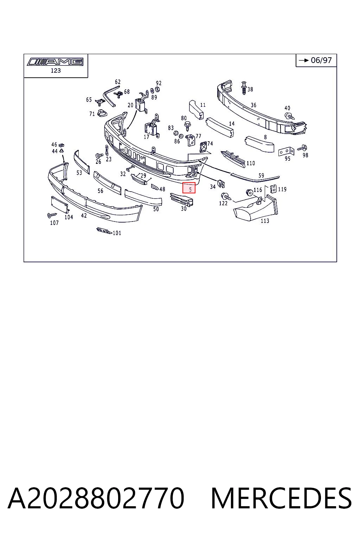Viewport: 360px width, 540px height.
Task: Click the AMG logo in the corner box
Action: pyautogui.click(x=55, y=62)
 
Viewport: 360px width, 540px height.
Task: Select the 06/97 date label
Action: pyautogui.click(x=321, y=60)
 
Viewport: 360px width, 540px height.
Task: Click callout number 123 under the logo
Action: pyautogui.click(x=56, y=71)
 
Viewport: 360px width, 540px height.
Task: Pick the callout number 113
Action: pyautogui.click(x=265, y=221)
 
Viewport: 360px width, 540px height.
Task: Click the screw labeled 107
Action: pyautogui.click(x=52, y=215)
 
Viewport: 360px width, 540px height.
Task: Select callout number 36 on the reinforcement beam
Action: pyautogui.click(x=253, y=105)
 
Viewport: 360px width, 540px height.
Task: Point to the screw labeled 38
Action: pyautogui.click(x=244, y=88)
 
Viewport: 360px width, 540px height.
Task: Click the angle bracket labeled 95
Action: pyautogui.click(x=286, y=152)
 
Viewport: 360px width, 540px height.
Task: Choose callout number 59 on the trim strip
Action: pyautogui.click(x=261, y=175)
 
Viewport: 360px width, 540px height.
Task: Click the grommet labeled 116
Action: pyautogui.click(x=249, y=192)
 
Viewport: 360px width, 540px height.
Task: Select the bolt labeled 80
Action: pyautogui.click(x=187, y=126)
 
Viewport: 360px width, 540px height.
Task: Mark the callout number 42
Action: pyautogui.click(x=84, y=216)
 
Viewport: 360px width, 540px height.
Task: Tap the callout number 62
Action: pyautogui.click(x=118, y=82)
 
